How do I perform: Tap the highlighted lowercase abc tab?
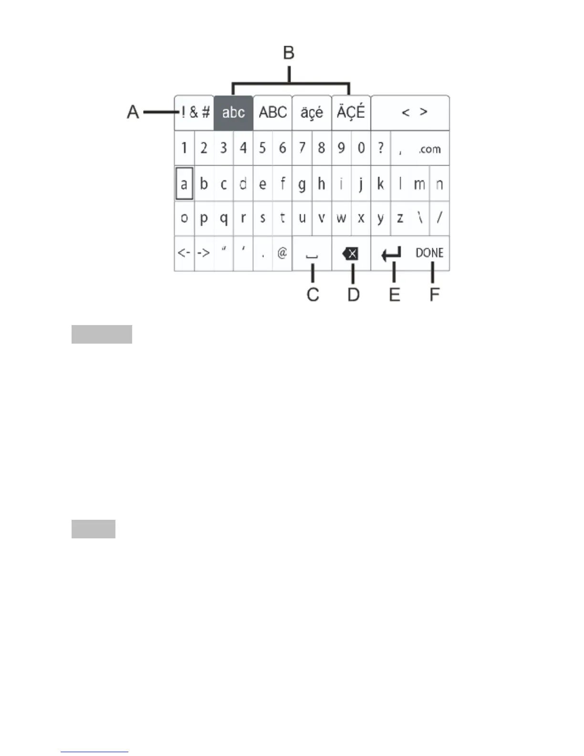[x=233, y=113]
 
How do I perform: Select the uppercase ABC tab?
[x=272, y=113]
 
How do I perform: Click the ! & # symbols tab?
[x=195, y=113]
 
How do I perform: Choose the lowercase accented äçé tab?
[x=312, y=113]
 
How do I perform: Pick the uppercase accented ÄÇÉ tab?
[x=351, y=113]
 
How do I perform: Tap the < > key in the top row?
[x=414, y=113]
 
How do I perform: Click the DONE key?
[x=429, y=253]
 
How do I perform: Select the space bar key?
[x=312, y=253]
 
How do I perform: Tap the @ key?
[x=282, y=253]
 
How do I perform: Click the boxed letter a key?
[x=184, y=183]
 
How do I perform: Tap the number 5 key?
[x=262, y=148]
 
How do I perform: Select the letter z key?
[x=400, y=218]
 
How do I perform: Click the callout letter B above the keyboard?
[x=289, y=52]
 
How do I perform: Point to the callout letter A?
[x=133, y=112]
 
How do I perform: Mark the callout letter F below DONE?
[x=434, y=294]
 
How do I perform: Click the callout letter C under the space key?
[x=313, y=294]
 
